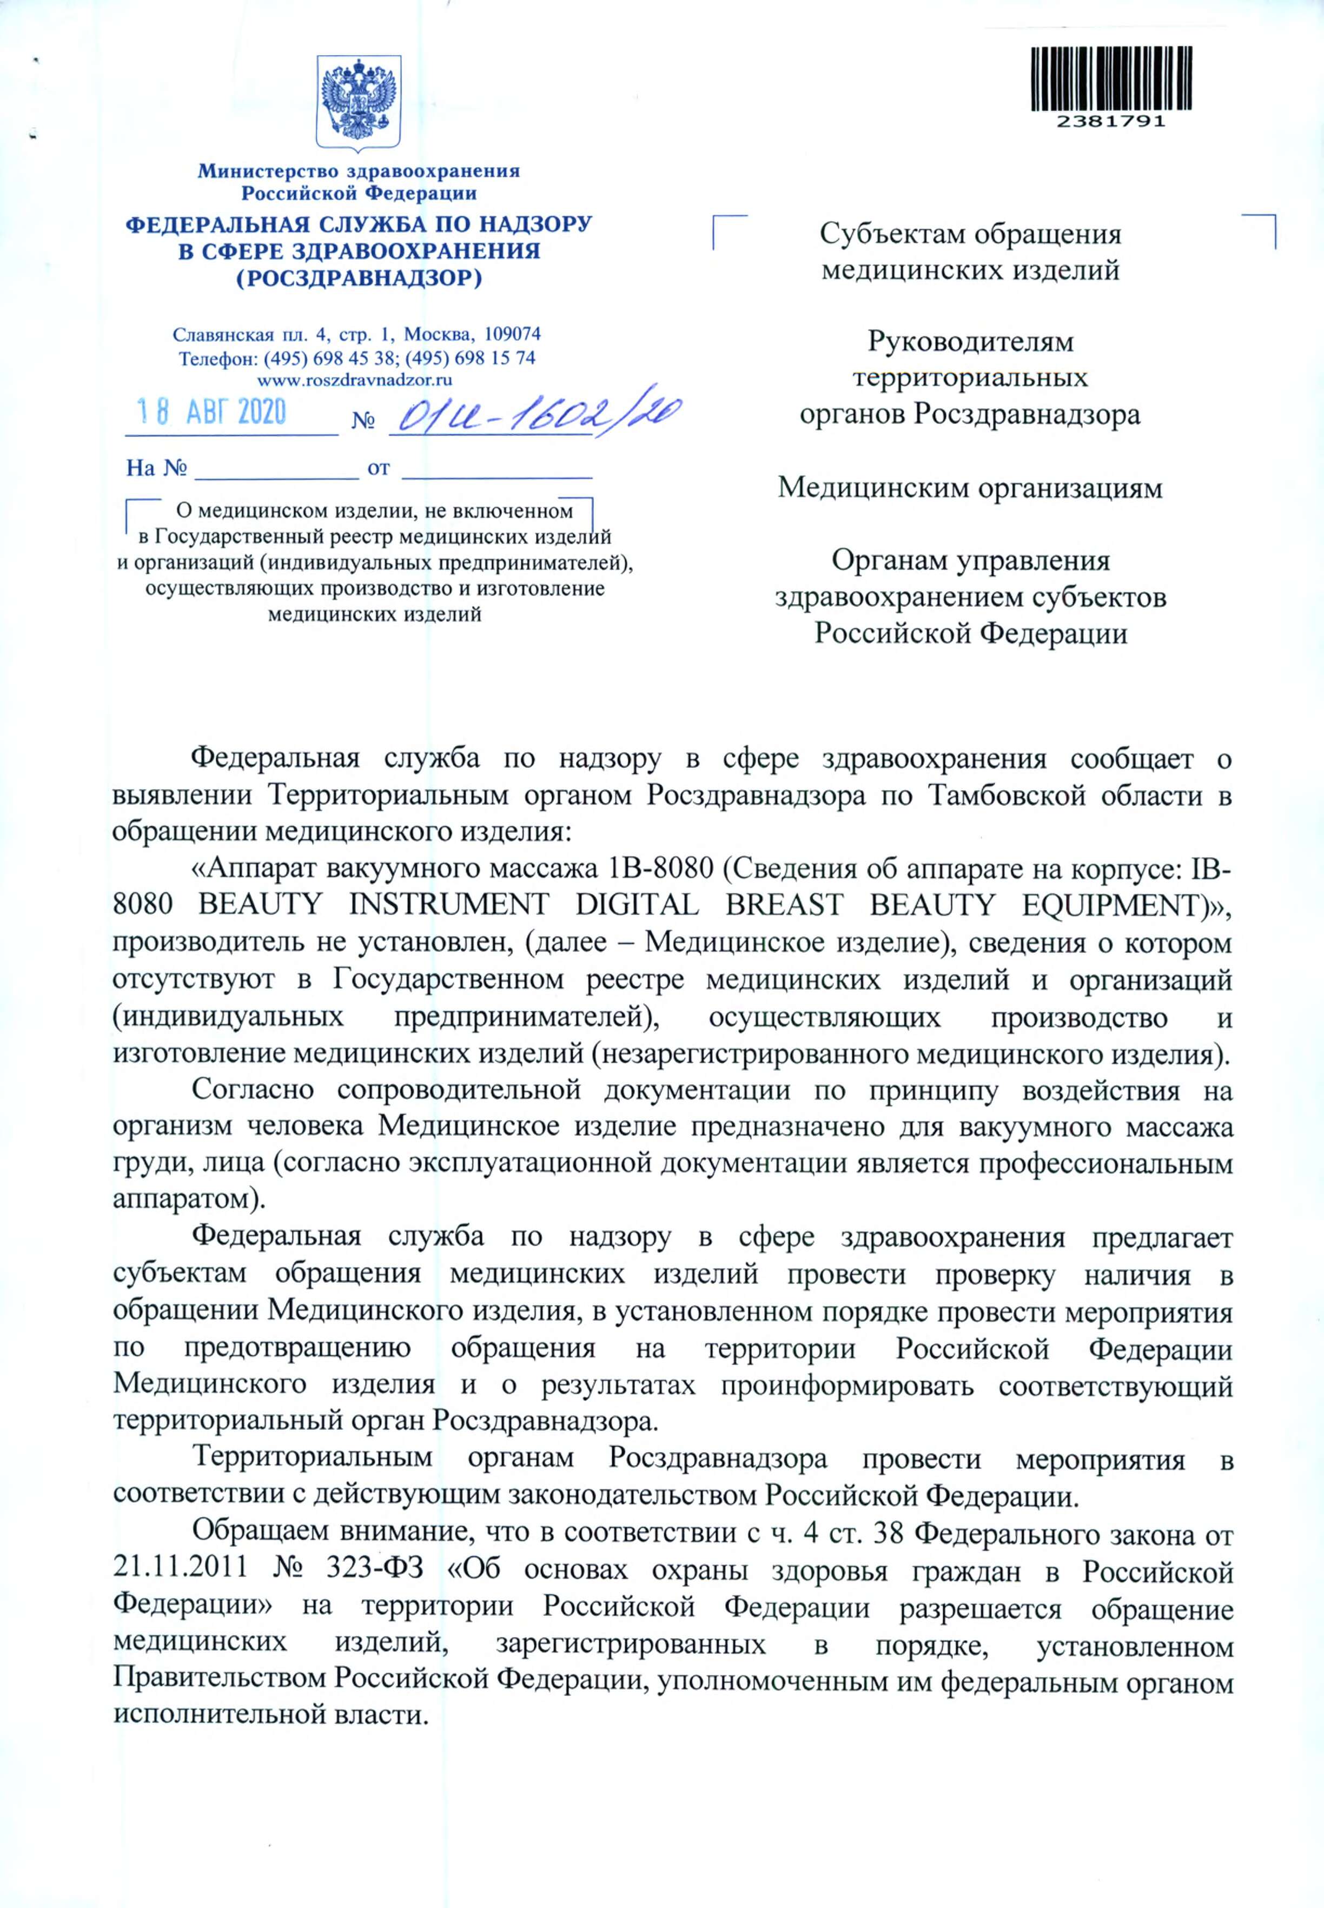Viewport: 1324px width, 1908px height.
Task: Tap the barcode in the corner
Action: (x=1111, y=79)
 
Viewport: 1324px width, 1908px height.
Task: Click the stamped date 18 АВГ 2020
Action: (x=211, y=412)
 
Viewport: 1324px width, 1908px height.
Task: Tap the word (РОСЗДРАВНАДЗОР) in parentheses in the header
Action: (x=359, y=278)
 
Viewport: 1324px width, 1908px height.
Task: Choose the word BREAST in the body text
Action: (x=784, y=904)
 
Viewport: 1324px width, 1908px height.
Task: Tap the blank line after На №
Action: (x=275, y=469)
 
